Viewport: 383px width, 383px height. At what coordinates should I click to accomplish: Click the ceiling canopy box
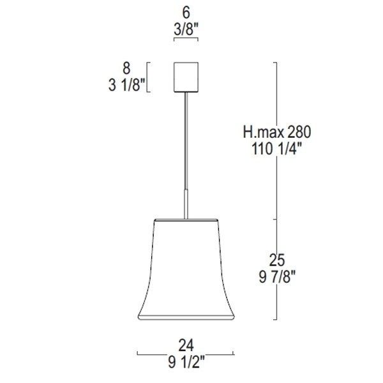pyautogui.click(x=186, y=77)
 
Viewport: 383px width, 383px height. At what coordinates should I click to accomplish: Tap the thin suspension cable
pyautogui.click(x=186, y=140)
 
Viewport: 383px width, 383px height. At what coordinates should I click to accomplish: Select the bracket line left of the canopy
pyautogui.click(x=149, y=77)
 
